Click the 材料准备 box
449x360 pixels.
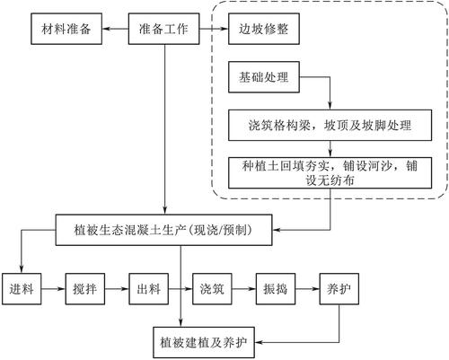66,29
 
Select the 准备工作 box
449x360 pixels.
163,29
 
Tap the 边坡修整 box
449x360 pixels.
264,29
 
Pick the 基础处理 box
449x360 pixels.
264,77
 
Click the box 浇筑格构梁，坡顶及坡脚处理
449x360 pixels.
330,126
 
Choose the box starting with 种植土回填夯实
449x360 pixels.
330,173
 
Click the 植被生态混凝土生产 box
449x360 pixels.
163,230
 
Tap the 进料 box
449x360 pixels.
22,289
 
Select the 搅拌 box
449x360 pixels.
85,289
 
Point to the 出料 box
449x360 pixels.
148,289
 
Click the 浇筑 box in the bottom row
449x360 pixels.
212,289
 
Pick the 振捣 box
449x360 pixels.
276,289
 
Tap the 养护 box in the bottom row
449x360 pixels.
339,289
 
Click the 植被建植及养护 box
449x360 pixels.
204,342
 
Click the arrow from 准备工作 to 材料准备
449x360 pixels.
115,29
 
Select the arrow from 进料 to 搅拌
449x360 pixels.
53,289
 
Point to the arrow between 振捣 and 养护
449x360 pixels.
307,289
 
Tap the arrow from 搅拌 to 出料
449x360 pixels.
117,289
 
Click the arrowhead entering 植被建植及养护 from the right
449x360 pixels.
258,342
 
